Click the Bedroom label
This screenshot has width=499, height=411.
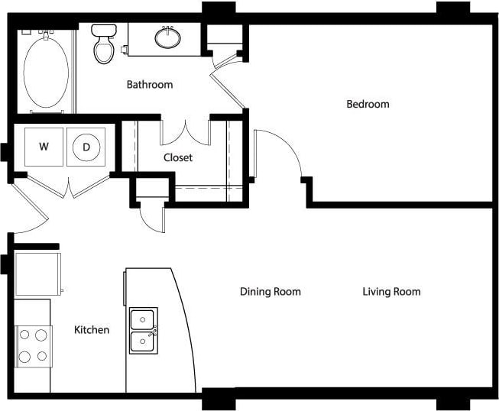[x=368, y=104]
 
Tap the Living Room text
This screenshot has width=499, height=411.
[x=391, y=291]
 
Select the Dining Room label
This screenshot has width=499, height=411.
[x=270, y=291]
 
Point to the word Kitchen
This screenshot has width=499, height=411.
[x=91, y=330]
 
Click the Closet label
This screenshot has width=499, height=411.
[x=178, y=157]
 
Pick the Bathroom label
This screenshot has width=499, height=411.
[x=150, y=84]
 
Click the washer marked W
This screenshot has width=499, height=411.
[x=44, y=146]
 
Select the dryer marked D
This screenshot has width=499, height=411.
[x=86, y=146]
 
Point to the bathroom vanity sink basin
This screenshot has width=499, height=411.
[x=167, y=36]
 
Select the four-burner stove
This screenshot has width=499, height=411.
[x=33, y=345]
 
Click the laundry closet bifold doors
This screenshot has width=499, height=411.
[x=69, y=186]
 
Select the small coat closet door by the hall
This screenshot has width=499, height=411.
[x=153, y=217]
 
